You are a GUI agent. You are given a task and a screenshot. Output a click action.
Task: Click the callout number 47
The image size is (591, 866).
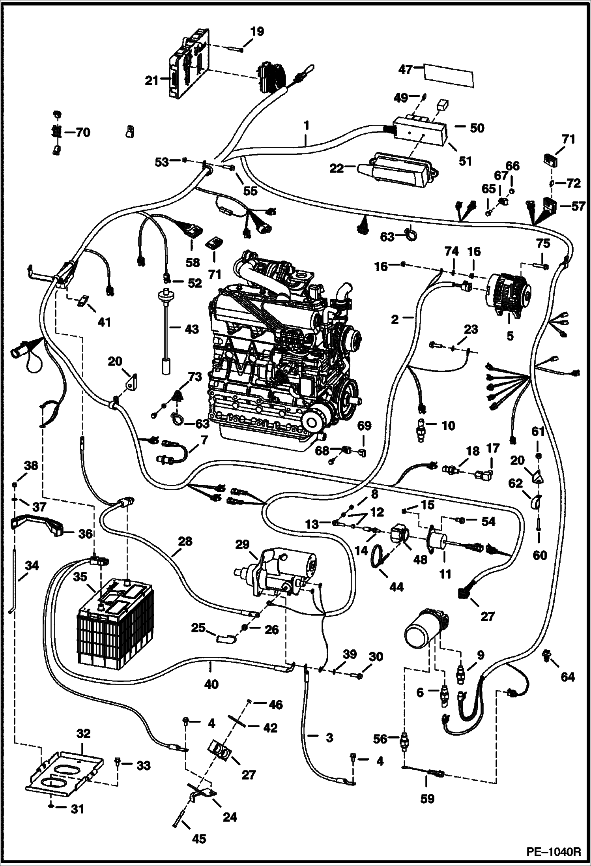pos(406,69)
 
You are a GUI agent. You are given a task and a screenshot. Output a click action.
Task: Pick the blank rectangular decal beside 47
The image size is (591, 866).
pos(449,75)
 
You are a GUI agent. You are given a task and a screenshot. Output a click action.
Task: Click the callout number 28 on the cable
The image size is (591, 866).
pos(185,541)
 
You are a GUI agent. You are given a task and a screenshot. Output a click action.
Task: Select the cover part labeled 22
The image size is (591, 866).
pos(398,171)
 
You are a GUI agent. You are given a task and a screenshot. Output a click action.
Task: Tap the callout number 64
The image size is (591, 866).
pos(567,677)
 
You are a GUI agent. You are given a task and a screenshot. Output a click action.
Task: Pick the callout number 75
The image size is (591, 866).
pos(543,244)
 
